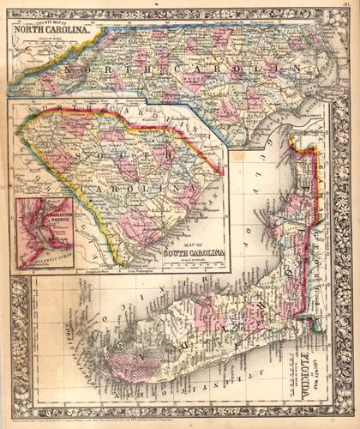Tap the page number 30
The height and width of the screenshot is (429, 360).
[x=344, y=6]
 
